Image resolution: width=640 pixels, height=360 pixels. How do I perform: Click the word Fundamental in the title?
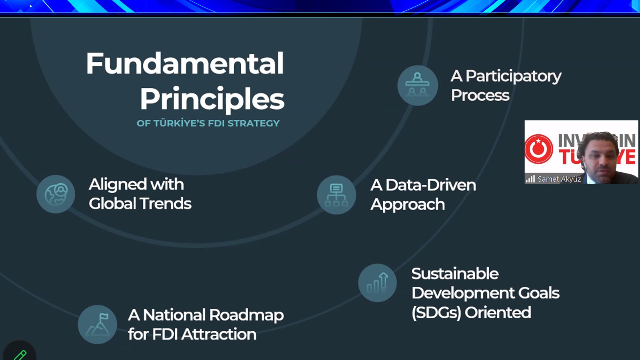(x=185, y=63)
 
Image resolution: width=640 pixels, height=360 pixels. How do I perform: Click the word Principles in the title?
(x=212, y=99)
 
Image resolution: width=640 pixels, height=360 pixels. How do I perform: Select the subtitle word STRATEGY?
(x=254, y=123)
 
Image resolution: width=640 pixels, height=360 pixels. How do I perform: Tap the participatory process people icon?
(x=418, y=86)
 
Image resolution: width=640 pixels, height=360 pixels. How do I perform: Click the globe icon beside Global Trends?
(x=56, y=194)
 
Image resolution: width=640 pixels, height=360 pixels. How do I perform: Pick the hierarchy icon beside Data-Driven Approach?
(x=336, y=195)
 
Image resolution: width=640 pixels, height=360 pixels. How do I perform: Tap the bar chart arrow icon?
(x=378, y=283)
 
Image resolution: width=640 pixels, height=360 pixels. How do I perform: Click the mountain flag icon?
(x=97, y=324)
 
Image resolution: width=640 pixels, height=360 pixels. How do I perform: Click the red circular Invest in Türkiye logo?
(x=539, y=149)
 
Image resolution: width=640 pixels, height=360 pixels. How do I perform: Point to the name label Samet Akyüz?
(x=559, y=179)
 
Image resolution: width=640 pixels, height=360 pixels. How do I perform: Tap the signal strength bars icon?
(x=530, y=179)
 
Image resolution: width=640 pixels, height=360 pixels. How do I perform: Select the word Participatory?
(x=514, y=76)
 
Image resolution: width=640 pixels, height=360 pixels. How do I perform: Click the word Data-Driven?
(x=431, y=185)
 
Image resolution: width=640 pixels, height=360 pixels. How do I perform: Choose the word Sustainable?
(x=455, y=274)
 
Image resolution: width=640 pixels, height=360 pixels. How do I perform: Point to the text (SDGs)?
(x=436, y=312)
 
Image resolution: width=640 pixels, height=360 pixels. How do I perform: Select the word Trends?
(x=166, y=204)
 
